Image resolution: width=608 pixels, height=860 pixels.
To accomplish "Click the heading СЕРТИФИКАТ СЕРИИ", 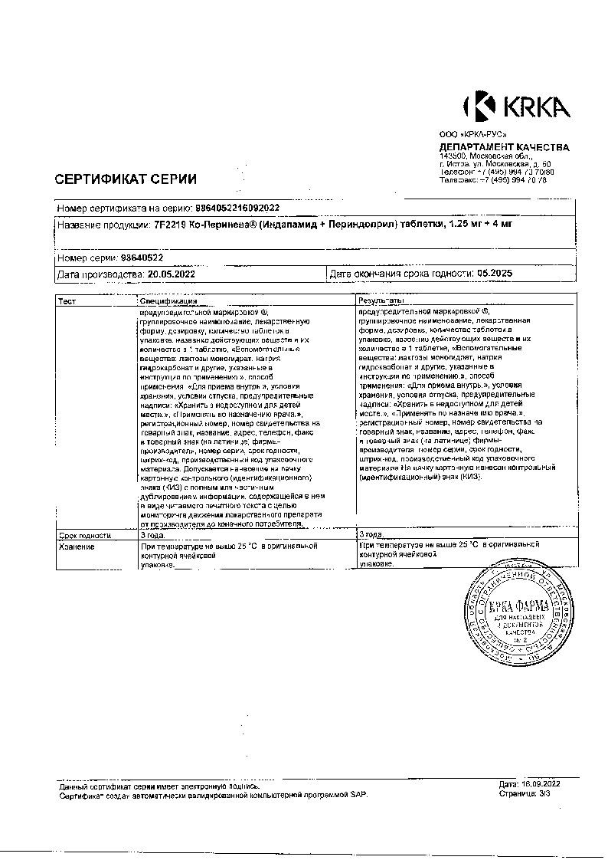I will click(126, 179).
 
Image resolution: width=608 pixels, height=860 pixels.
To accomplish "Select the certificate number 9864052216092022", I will click(238, 208).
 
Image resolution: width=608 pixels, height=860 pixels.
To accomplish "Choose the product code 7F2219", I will click(169, 225).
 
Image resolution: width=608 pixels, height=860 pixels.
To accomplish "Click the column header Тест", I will click(67, 302).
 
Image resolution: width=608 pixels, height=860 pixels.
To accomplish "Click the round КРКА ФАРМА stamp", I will click(518, 617).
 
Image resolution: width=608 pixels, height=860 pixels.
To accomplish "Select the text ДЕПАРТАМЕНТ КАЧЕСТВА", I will click(504, 147).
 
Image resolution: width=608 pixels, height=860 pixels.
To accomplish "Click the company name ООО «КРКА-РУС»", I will click(468, 135).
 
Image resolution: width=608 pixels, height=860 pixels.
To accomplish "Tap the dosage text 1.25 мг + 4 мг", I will click(479, 225).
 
